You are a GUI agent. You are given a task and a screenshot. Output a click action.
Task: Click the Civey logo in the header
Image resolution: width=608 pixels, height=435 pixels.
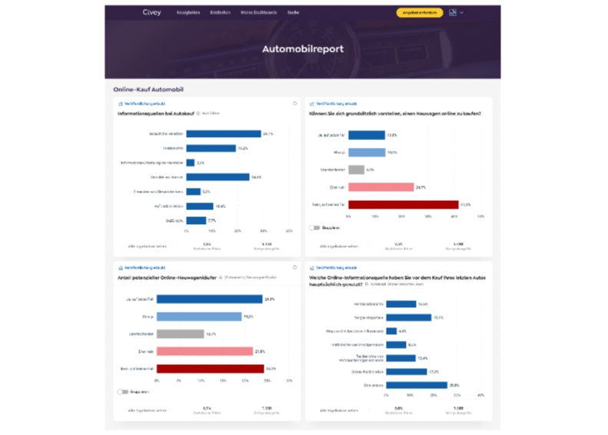click(151, 13)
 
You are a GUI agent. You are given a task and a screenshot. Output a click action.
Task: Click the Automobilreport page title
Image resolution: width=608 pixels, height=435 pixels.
click(303, 50)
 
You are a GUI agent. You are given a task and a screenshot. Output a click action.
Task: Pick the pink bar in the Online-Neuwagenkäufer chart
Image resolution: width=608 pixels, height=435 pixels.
click(204, 351)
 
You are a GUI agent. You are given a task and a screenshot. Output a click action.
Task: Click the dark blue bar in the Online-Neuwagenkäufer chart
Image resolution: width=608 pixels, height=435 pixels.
click(210, 299)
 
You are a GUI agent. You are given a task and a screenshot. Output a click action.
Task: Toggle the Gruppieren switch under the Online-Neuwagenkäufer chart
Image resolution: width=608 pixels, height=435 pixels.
click(122, 391)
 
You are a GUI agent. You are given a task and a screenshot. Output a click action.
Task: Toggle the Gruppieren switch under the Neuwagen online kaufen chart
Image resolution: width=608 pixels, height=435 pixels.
click(314, 228)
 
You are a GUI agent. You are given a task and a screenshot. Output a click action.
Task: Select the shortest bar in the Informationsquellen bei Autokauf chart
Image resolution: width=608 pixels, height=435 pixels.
click(190, 162)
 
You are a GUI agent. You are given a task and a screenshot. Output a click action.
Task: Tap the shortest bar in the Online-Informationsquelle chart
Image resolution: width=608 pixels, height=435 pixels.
click(391, 331)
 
